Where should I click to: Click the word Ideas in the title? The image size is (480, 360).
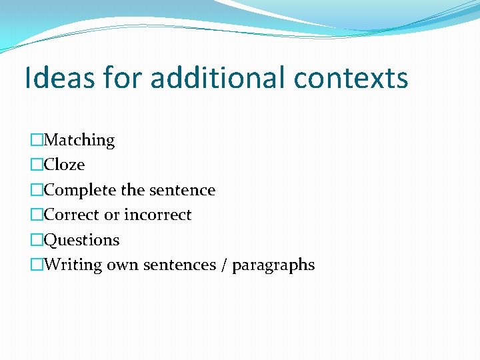click(x=59, y=78)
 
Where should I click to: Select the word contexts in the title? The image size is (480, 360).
click(x=351, y=78)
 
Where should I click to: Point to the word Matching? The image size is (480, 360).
click(x=79, y=140)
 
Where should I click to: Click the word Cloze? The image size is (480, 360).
click(x=64, y=165)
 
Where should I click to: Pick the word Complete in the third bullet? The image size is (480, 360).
click(x=80, y=190)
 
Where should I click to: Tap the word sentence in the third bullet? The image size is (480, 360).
click(x=182, y=190)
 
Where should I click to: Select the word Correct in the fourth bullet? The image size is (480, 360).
click(x=71, y=215)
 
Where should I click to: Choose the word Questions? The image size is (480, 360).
click(x=81, y=240)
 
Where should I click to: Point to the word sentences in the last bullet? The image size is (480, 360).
click(x=178, y=265)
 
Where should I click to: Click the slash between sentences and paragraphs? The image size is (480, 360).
click(x=223, y=265)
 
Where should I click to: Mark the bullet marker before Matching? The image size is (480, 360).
click(x=37, y=140)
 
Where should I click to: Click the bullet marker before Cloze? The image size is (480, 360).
click(x=37, y=165)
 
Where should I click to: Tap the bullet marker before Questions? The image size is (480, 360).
click(x=37, y=240)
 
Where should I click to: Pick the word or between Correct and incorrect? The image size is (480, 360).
click(x=111, y=215)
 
